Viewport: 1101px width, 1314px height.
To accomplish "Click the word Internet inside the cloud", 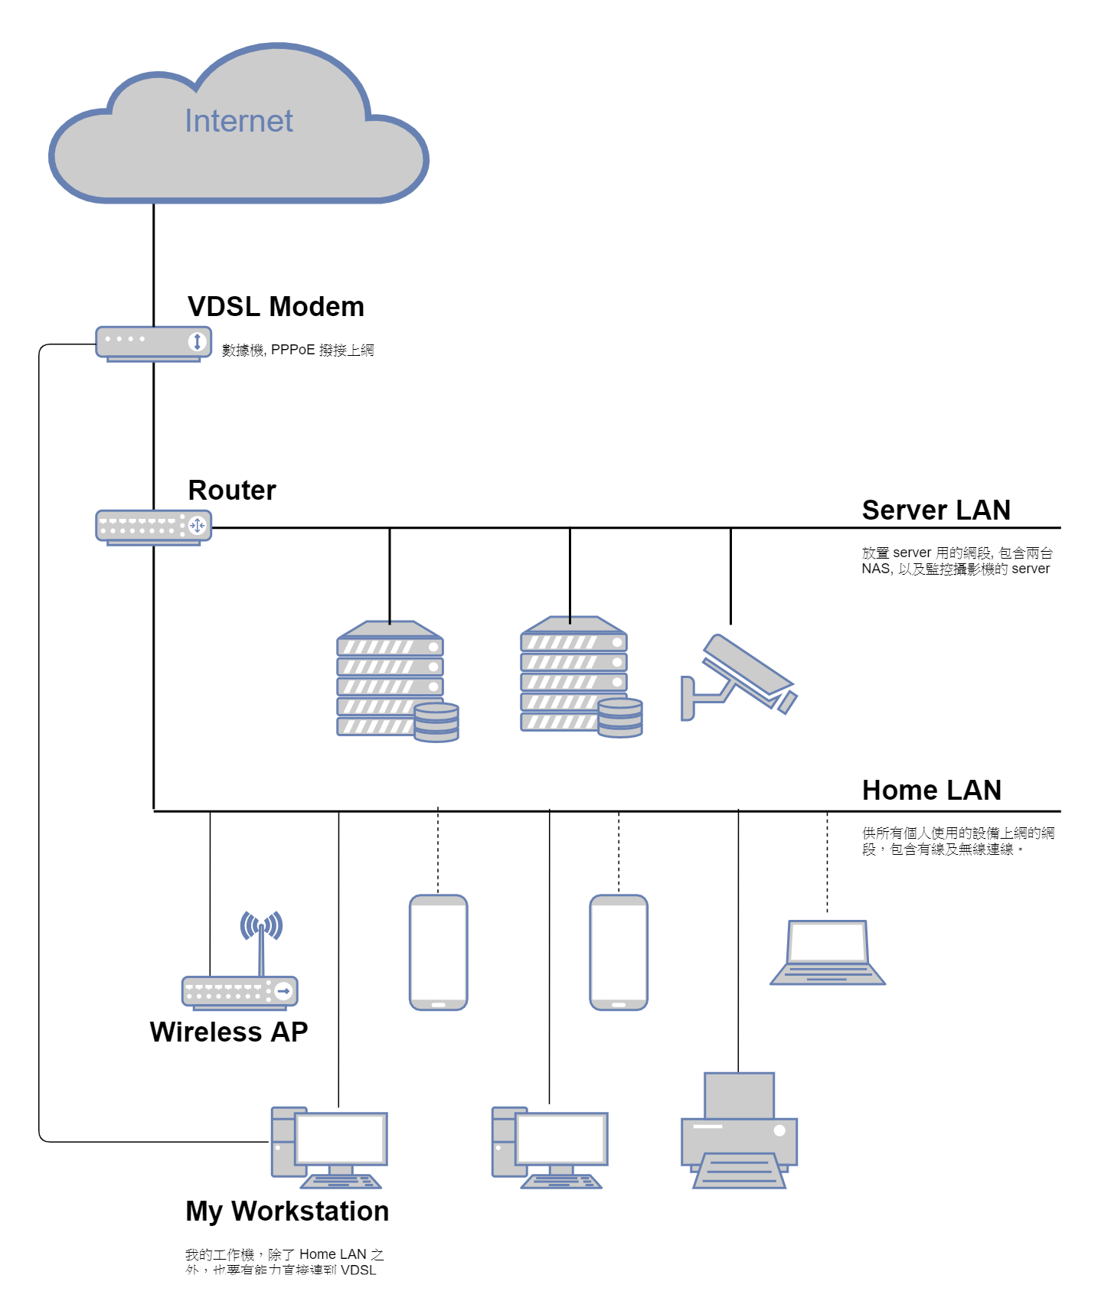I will tap(238, 121).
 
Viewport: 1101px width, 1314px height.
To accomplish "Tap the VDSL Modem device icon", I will tap(153, 343).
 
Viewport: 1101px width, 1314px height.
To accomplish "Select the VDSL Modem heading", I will tap(276, 307).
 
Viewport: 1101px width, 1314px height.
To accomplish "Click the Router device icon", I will tap(153, 527).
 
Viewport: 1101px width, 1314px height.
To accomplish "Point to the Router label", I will tap(232, 491).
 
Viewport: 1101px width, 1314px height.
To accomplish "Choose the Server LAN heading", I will tap(936, 510).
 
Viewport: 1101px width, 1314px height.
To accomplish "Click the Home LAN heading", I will tap(931, 791).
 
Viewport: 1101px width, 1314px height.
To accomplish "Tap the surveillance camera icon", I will tap(740, 677).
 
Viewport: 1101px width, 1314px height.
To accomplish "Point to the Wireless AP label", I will tap(228, 1032).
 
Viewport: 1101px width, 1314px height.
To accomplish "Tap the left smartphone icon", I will tap(439, 952).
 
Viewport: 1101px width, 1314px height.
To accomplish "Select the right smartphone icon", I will tap(619, 952).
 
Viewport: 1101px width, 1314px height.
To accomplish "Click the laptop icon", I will tap(828, 953).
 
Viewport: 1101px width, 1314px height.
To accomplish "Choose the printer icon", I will tap(739, 1132).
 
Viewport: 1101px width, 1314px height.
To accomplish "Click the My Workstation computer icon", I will tap(329, 1146).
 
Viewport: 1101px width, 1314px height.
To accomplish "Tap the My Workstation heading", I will tap(287, 1211).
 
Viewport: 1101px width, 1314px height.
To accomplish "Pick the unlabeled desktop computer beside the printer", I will tap(549, 1146).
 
